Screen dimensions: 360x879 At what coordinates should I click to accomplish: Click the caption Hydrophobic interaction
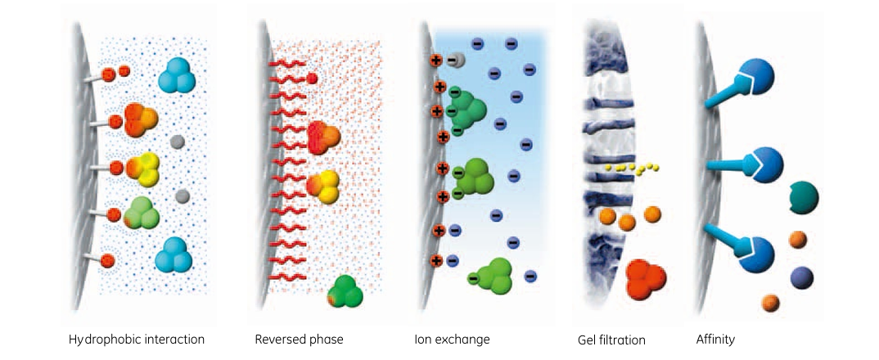(x=137, y=339)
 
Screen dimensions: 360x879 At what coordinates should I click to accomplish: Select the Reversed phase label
(x=299, y=339)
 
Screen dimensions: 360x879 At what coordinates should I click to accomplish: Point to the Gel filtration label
(x=611, y=340)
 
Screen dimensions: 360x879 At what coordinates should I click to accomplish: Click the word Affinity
(x=714, y=339)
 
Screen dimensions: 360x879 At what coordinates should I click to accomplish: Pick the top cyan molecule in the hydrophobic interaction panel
(x=175, y=75)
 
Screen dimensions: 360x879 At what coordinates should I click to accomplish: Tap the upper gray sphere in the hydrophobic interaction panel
(x=176, y=142)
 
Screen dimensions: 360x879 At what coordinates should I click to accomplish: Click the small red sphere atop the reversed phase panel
(x=312, y=79)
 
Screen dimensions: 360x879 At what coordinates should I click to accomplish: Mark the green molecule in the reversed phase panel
(x=346, y=292)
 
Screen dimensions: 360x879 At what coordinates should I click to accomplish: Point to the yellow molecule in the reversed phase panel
(x=323, y=185)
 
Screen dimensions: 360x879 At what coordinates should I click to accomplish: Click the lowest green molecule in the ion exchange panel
(x=494, y=276)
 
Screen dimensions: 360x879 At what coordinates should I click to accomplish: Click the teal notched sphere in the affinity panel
(x=805, y=197)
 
